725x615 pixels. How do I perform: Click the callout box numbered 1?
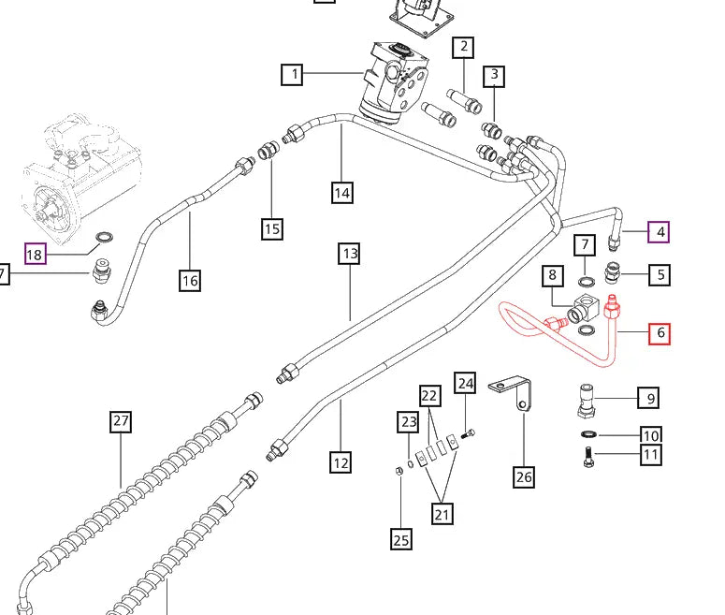click(x=292, y=75)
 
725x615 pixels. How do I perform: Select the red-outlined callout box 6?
click(x=660, y=333)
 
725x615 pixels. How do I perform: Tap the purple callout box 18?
click(x=36, y=254)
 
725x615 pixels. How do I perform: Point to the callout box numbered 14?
click(x=342, y=193)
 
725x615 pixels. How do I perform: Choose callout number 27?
click(x=121, y=421)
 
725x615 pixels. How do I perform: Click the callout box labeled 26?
click(x=524, y=476)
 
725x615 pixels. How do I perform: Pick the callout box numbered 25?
click(x=401, y=539)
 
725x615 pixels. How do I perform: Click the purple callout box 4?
click(x=659, y=232)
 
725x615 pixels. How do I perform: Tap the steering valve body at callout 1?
click(x=393, y=83)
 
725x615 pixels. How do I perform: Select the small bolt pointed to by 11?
click(x=588, y=456)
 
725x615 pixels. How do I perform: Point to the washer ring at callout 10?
click(x=588, y=434)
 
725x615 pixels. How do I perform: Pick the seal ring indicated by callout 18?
click(x=105, y=238)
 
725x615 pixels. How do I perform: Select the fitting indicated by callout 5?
click(x=612, y=273)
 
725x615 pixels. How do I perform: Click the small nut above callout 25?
click(x=399, y=471)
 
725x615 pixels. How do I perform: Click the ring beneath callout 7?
click(x=587, y=281)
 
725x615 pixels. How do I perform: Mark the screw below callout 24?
click(x=469, y=434)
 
